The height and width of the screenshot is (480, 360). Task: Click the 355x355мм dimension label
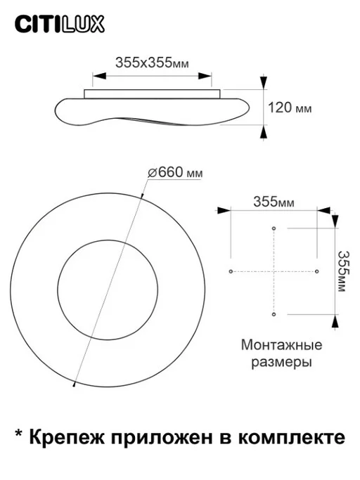pos(152,62)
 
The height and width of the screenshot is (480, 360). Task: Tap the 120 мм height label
pos(289,108)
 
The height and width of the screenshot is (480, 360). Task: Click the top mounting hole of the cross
pos(274,228)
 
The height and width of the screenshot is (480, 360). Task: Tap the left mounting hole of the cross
pos(230,271)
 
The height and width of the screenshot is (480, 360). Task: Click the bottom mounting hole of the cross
pos(274,313)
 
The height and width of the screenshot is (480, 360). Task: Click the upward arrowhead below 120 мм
pos(264,131)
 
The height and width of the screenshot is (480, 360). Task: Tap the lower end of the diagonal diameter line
pos(74,384)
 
